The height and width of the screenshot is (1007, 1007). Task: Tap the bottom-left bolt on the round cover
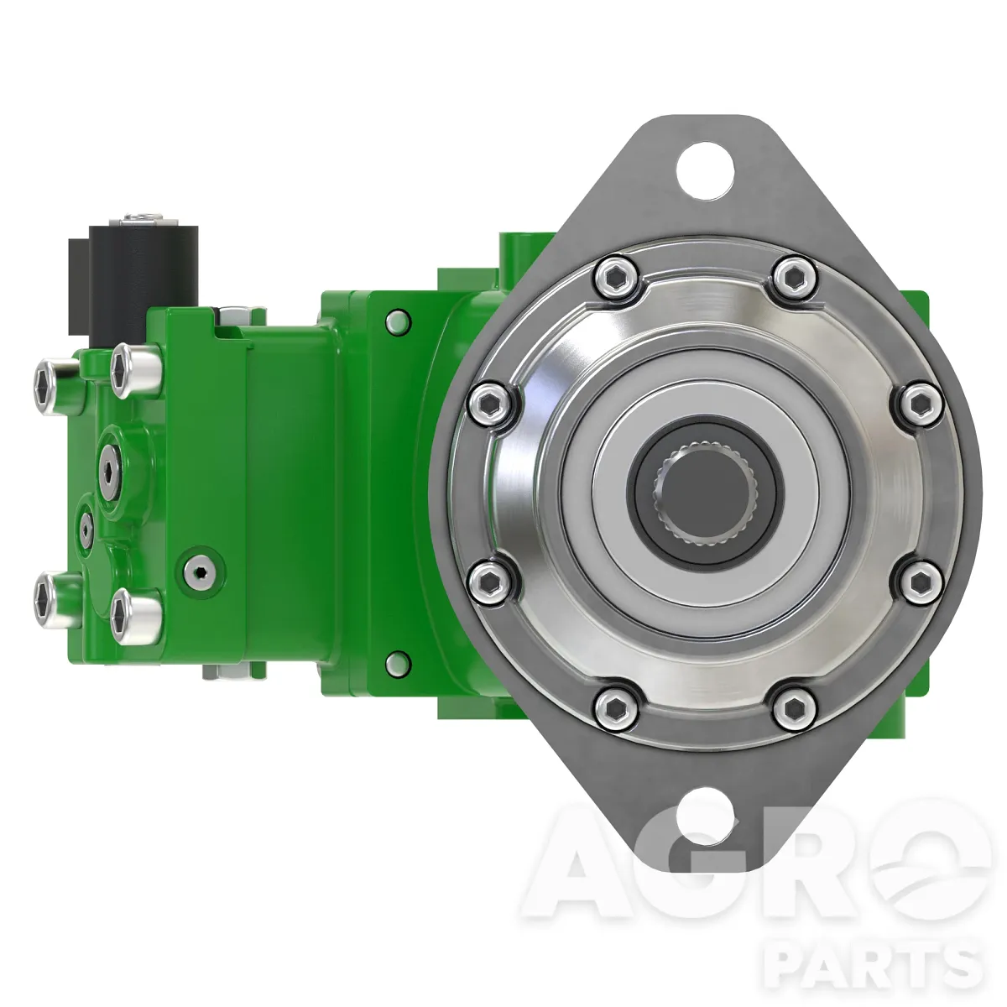616,706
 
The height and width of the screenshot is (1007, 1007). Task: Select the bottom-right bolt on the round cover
794,706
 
